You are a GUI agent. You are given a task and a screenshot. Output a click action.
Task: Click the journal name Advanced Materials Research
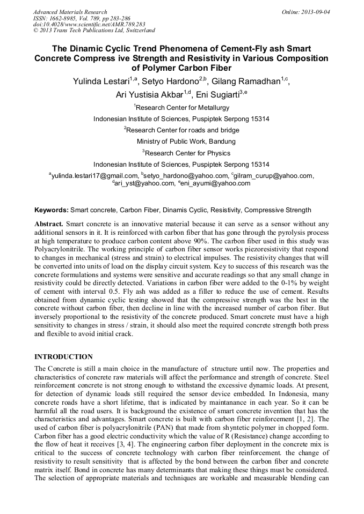click(70, 12)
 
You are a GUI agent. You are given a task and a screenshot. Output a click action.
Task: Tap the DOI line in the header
click(88, 24)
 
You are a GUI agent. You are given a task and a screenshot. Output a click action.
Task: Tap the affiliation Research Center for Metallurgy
click(182, 107)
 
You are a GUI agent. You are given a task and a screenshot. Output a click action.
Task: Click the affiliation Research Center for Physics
click(182, 153)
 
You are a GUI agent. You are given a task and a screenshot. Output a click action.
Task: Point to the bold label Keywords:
click(52, 210)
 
